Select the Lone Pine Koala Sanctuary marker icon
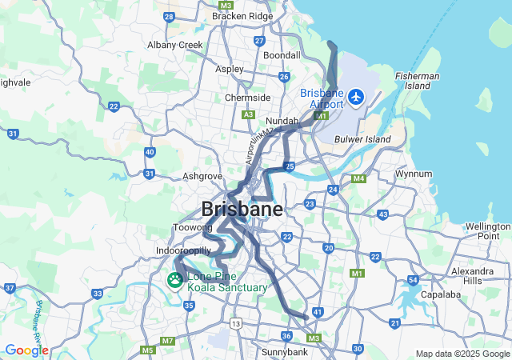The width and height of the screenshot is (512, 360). (x=174, y=281)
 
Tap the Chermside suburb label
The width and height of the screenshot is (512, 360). (x=247, y=98)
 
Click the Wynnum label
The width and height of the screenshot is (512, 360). (x=414, y=174)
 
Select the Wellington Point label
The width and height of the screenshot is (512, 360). (x=488, y=231)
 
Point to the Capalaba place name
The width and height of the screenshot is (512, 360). (x=438, y=294)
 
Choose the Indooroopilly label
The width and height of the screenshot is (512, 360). (x=183, y=250)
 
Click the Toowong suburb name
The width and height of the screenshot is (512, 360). (x=192, y=228)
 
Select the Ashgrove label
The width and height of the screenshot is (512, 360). (x=202, y=175)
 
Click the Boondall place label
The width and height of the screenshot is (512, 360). (x=282, y=55)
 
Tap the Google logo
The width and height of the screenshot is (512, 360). (x=26, y=350)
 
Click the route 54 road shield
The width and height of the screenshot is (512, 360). (x=413, y=280)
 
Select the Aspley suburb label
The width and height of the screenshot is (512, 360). (x=230, y=69)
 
